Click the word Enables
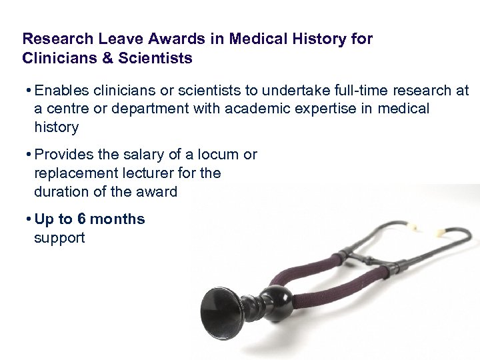click(x=61, y=90)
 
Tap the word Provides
click(x=63, y=155)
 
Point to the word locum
click(x=221, y=155)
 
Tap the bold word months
click(x=117, y=219)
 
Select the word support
click(x=59, y=238)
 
